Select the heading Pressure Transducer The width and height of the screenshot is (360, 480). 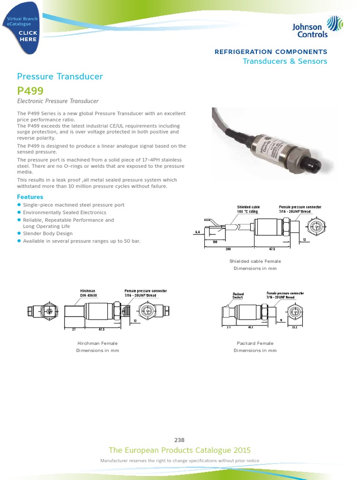click(60, 76)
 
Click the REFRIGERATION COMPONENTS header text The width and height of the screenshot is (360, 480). click(270, 52)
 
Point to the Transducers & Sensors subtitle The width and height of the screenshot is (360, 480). click(285, 61)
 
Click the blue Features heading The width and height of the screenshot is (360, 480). click(30, 197)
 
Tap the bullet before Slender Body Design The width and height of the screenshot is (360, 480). click(19, 233)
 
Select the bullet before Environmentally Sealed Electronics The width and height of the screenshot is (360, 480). click(19, 212)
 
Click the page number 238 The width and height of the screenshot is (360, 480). click(180, 440)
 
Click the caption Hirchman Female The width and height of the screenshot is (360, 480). click(97, 344)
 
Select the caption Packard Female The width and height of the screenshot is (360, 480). click(255, 344)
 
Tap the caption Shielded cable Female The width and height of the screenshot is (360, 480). click(255, 261)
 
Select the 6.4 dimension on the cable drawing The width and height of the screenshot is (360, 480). click(197, 232)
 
